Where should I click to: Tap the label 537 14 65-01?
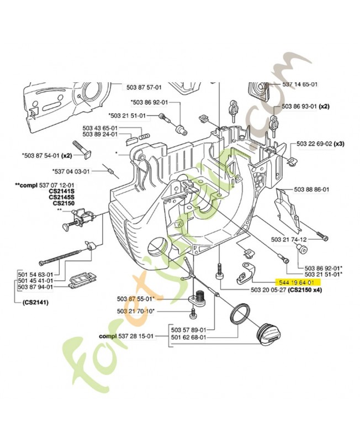pos(299,85)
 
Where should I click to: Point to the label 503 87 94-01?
pos(35,287)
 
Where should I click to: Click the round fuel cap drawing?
pos(268,334)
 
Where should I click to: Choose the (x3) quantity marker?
pos(338,144)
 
